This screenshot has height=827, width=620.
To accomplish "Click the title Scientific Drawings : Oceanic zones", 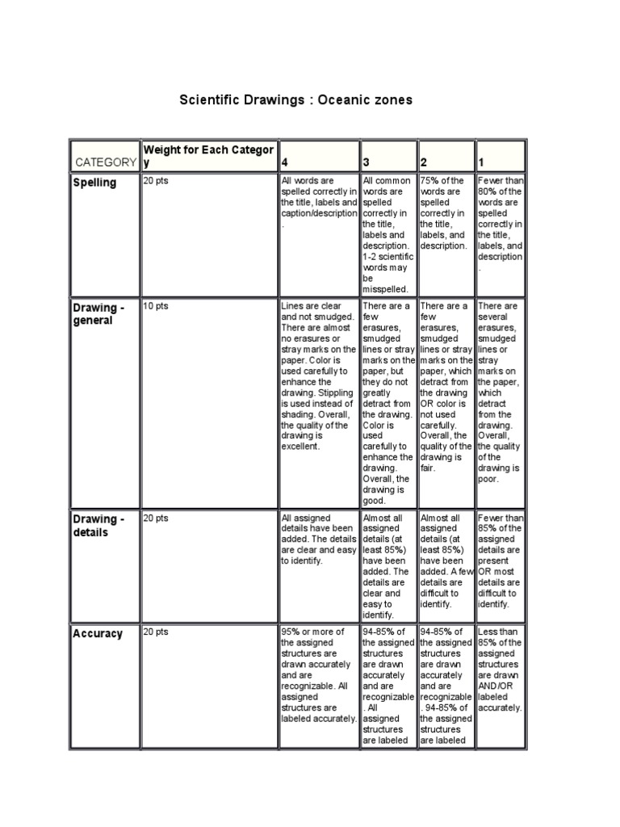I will [295, 100].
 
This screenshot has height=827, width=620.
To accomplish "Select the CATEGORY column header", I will [105, 162].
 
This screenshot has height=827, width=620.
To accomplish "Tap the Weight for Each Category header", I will [207, 156].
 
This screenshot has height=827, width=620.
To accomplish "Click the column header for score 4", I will [283, 162].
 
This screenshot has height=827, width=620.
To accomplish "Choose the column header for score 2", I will [424, 162].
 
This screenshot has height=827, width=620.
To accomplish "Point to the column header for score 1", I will [482, 162].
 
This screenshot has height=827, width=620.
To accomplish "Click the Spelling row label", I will [95, 183].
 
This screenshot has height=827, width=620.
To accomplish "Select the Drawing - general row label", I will [98, 314].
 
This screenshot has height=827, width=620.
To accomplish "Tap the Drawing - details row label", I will [98, 526].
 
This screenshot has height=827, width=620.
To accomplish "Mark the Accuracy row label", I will [98, 634].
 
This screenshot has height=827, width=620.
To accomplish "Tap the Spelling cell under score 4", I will [318, 202].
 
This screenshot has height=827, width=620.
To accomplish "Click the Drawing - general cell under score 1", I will [500, 392].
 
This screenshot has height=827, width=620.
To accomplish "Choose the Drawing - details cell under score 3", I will [387, 565].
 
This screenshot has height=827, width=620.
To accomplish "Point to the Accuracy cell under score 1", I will [500, 670].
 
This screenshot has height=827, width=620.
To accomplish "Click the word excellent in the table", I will [300, 446].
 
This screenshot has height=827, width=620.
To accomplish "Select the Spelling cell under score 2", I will [444, 213].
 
